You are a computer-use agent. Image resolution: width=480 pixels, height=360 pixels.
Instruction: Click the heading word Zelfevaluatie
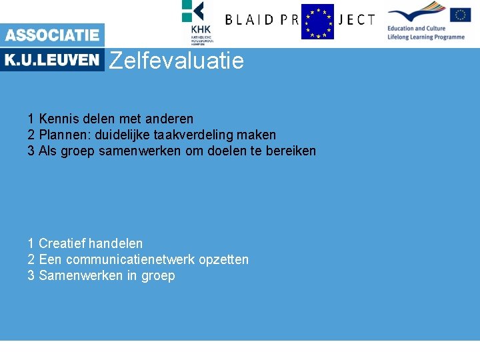click(176, 61)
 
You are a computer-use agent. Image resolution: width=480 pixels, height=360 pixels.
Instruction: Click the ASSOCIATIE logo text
click(52, 35)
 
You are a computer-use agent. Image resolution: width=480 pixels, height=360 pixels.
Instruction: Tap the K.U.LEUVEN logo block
click(52, 60)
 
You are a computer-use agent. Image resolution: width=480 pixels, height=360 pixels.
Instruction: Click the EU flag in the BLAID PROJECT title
click(317, 21)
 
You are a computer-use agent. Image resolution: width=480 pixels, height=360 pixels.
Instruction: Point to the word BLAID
click(249, 20)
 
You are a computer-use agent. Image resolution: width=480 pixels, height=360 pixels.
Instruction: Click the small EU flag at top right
click(461, 14)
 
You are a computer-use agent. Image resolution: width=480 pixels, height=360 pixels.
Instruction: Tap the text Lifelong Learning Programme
click(425, 37)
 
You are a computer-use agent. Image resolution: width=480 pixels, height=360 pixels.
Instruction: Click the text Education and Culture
click(416, 29)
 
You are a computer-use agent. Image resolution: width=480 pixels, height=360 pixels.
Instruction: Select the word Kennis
click(57, 119)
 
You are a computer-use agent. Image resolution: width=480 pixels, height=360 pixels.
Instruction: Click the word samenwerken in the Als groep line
click(139, 151)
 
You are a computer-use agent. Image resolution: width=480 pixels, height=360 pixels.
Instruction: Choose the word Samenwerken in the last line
click(81, 275)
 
